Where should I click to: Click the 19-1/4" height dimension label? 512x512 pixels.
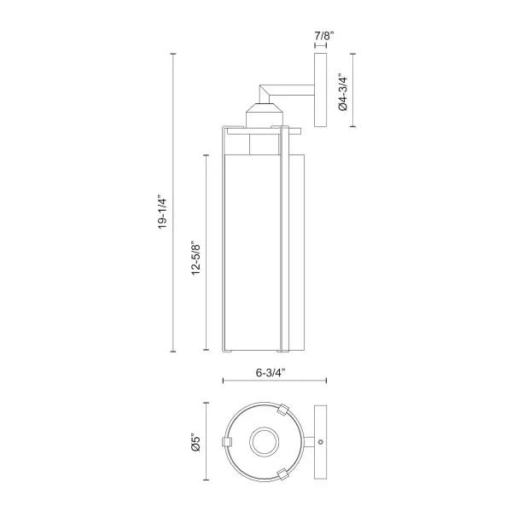(162, 212)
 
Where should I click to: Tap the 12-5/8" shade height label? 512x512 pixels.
(195, 259)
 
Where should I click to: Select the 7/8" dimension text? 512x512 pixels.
(324, 35)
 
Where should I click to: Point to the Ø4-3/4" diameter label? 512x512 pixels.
(343, 92)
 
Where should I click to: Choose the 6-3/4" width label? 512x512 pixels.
(271, 373)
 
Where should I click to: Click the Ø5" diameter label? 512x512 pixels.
(195, 442)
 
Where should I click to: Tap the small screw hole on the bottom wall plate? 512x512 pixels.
(321, 442)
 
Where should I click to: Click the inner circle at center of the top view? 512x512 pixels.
(265, 442)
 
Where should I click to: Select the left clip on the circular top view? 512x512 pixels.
(227, 442)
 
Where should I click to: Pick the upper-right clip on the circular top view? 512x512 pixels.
(282, 410)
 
